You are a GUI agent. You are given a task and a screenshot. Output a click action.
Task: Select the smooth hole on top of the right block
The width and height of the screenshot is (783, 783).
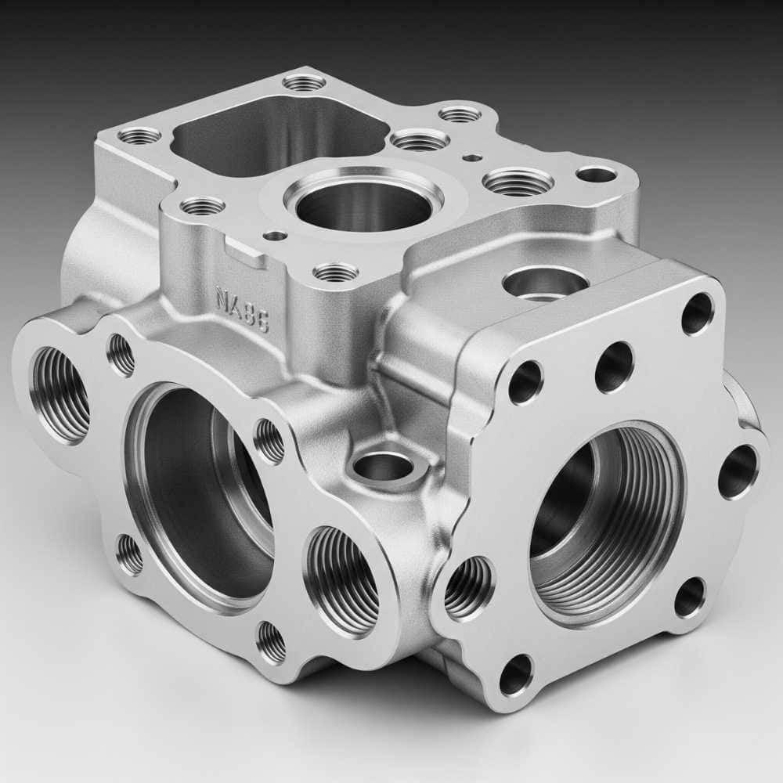pos(545,283)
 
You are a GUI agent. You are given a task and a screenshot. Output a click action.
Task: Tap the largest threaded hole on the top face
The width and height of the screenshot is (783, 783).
pos(518,182)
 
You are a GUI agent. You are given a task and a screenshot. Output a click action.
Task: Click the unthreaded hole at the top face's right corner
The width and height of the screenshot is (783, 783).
pos(596,174)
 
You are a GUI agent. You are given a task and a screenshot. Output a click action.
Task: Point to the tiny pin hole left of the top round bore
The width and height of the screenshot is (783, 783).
pos(275,235)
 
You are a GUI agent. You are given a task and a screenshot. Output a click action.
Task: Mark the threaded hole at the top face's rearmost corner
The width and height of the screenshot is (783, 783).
pos(304,81)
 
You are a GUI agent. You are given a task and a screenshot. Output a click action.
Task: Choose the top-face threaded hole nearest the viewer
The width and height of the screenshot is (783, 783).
pos(335,272)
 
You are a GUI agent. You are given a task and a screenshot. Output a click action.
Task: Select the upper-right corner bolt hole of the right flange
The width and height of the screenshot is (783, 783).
pos(697,313)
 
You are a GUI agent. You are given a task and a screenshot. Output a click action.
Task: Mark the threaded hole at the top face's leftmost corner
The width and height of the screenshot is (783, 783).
pos(139,135)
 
